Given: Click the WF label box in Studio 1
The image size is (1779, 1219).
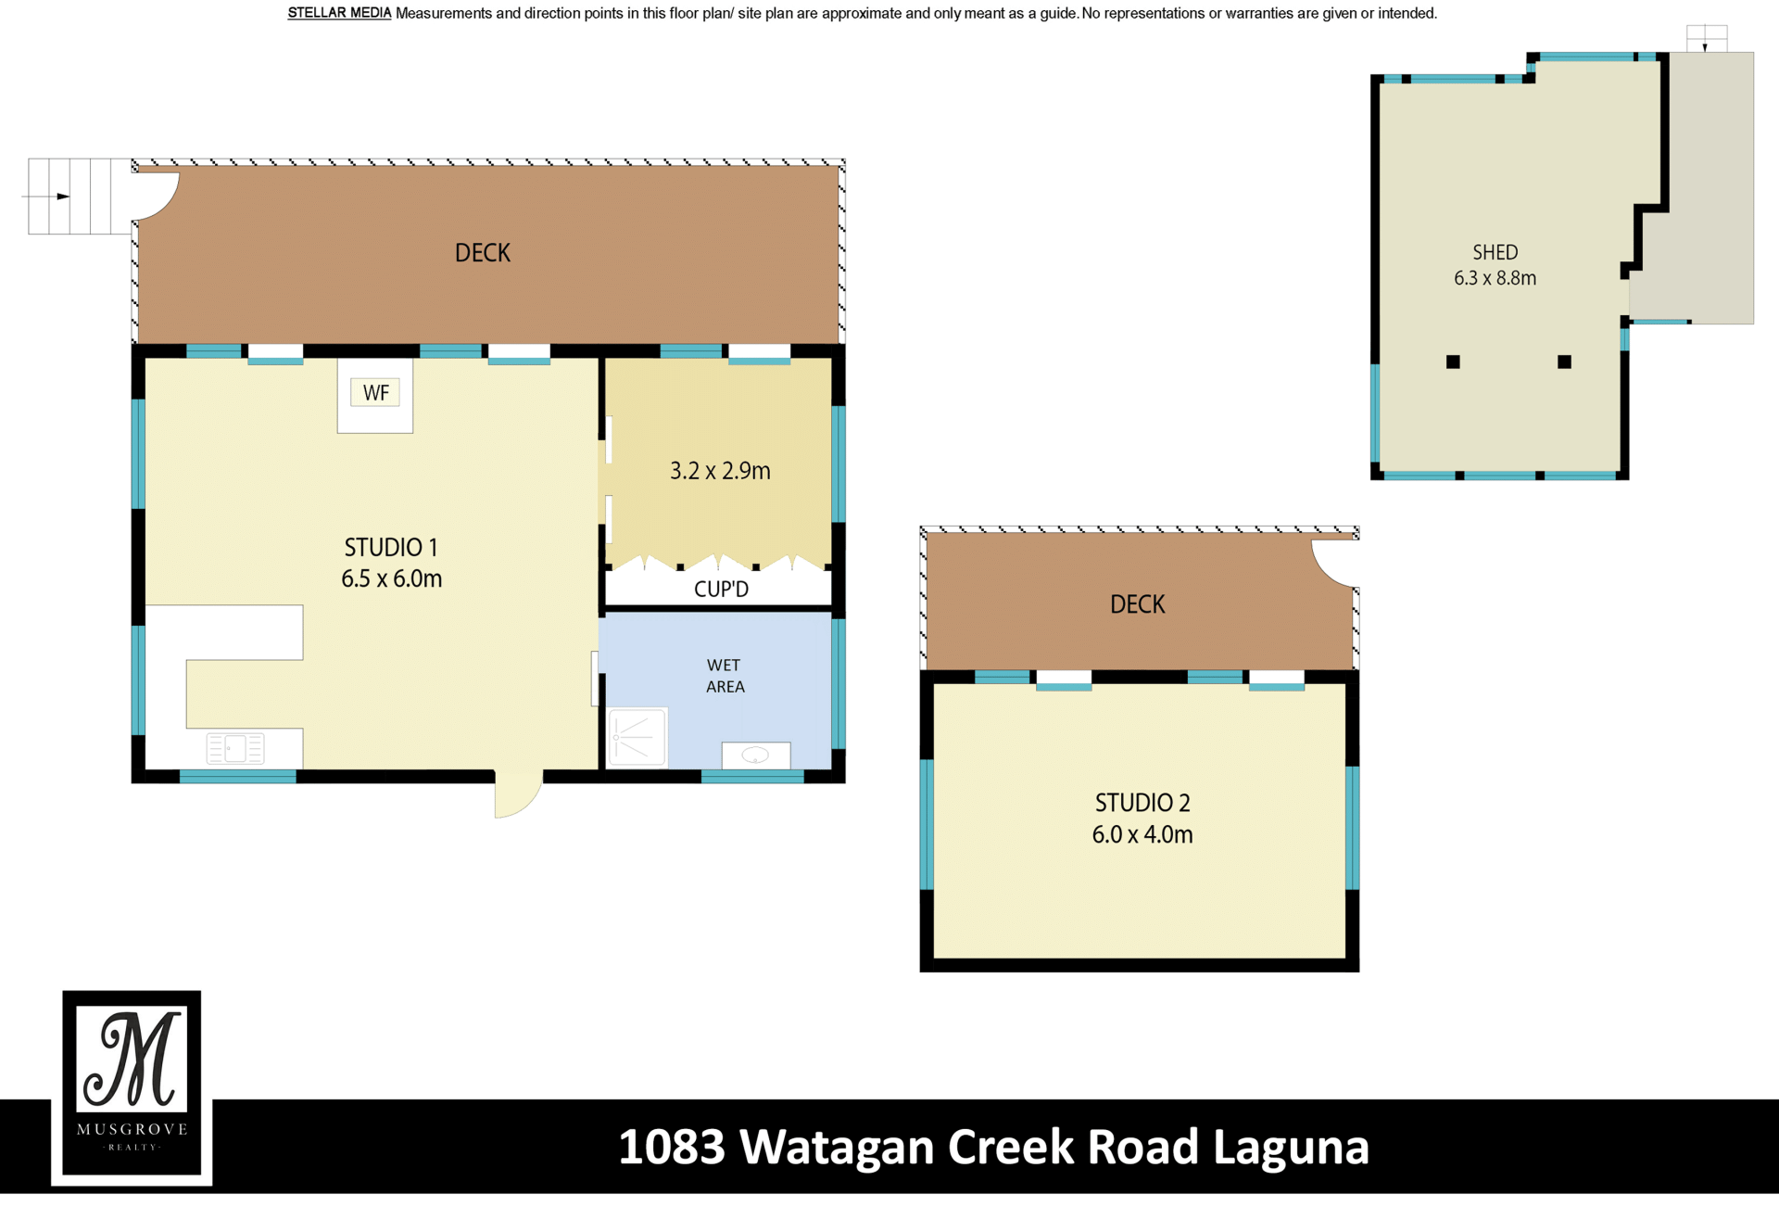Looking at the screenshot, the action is (x=375, y=393).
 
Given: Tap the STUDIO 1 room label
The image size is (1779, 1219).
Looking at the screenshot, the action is (x=391, y=547).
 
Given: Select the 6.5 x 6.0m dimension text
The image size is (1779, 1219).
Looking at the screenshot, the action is (x=391, y=578).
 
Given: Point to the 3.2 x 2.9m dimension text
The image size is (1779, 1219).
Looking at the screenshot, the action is (x=720, y=471).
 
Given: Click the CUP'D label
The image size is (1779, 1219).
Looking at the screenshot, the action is (x=721, y=589).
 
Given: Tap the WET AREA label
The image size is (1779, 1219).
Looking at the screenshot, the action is (x=725, y=676).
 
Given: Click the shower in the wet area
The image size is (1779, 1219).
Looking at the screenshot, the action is (x=637, y=738).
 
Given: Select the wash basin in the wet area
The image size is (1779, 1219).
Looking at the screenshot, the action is (x=756, y=755).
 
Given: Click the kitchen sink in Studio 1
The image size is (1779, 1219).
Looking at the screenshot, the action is (x=235, y=748).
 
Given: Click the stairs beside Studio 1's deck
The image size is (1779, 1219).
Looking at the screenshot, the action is (x=79, y=197).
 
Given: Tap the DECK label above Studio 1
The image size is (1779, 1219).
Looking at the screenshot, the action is (x=483, y=253).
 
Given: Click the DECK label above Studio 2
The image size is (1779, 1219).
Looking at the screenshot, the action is (x=1138, y=604).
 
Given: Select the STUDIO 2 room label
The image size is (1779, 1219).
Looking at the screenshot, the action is (x=1142, y=803).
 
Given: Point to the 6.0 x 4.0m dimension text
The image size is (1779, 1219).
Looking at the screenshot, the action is (x=1142, y=834).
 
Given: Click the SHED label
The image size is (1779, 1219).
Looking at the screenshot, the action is (x=1495, y=252).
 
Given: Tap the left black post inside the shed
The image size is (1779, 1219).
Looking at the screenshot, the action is (x=1453, y=362).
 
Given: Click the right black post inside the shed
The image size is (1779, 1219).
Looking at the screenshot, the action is (x=1564, y=362).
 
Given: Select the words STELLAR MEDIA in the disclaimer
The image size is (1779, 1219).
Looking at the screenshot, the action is (x=339, y=13).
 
